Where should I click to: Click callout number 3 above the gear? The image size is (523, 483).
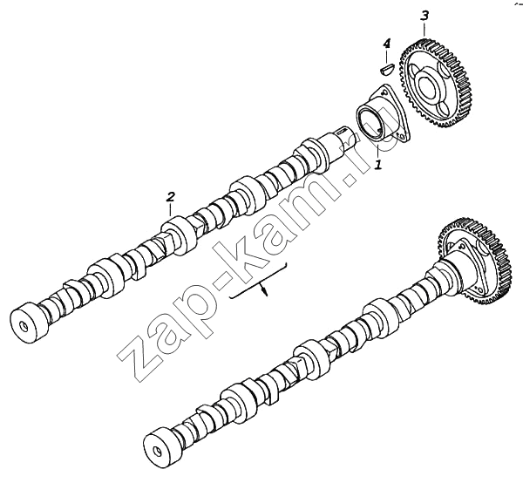point(425,16)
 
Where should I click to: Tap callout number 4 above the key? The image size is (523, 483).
point(386,44)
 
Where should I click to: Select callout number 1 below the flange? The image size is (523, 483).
point(378,164)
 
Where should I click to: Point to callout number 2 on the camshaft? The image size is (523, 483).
point(170,197)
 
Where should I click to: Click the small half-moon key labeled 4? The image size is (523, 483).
point(388,68)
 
